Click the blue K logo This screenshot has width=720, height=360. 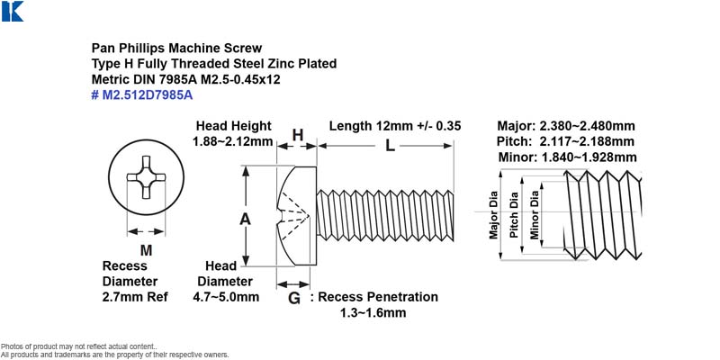13,11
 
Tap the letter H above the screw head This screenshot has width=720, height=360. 298,135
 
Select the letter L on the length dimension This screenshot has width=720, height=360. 390,146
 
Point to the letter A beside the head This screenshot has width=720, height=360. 245,220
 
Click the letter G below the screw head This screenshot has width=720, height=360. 294,299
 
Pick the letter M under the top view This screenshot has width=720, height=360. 146,250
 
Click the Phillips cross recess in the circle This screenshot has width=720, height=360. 146,177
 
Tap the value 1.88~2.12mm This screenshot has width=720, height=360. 233,141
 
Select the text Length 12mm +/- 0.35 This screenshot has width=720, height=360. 395,126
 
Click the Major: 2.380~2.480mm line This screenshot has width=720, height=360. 566,126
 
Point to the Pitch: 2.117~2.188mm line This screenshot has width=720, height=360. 565,141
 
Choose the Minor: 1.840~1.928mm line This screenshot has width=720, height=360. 567,157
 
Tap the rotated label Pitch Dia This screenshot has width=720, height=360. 514,215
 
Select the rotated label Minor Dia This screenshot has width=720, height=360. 534,215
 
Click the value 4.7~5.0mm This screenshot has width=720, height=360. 226,297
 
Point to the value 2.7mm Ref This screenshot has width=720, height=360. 135,297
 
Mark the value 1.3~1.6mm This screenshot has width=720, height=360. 373,313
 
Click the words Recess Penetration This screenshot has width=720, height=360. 378,297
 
